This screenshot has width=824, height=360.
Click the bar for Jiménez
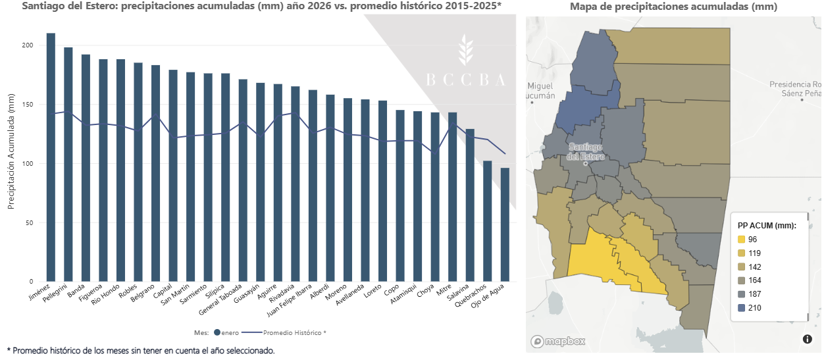tap(51, 157)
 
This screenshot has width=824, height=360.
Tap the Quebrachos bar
tap(488, 221)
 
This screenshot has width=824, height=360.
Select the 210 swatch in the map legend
tap(742, 307)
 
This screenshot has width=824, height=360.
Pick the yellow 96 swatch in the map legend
tap(742, 239)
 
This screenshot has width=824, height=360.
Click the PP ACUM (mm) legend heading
tap(767, 225)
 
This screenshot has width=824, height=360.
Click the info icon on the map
tap(808, 339)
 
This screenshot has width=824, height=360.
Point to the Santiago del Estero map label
tap(587, 151)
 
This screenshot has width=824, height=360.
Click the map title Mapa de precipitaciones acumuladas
tap(673, 7)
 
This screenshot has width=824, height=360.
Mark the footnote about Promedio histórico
tap(140, 351)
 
